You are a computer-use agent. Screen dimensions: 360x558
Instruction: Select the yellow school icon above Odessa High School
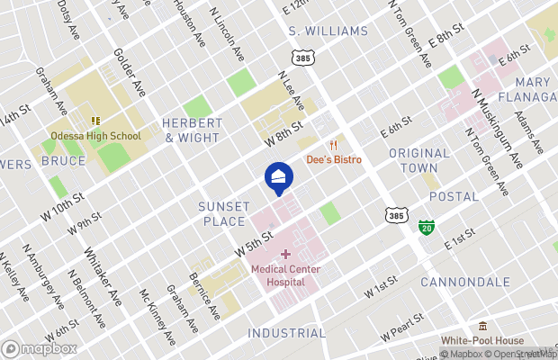94,121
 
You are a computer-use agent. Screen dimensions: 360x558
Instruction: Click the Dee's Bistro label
334,159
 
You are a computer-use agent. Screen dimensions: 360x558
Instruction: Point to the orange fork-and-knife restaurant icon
333,145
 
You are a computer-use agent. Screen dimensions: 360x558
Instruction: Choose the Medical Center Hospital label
285,274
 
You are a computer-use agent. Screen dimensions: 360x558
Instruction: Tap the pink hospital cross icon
285,255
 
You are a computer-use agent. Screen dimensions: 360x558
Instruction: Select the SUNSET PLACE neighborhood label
221,213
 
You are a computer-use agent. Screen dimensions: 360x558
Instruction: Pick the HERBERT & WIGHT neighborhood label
192,130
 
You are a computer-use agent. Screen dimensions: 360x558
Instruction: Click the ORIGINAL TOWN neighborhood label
419,160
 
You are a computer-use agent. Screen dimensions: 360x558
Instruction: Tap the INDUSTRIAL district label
287,333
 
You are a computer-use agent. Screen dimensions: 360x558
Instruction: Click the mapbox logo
40,347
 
